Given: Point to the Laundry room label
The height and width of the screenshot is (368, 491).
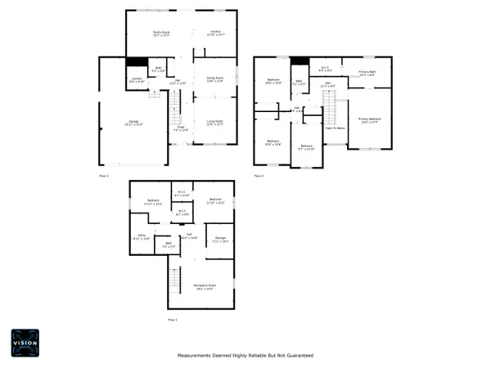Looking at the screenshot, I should pos(137,80).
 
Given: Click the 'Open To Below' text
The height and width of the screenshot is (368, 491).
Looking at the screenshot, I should pos(335,128).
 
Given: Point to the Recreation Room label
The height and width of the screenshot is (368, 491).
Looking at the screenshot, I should pos(204,286).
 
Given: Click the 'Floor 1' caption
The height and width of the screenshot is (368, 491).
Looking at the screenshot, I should pos(173,319).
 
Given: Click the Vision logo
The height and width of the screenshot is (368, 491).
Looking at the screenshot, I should pos(24,343).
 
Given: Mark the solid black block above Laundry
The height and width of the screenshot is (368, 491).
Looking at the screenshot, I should pos(136,63).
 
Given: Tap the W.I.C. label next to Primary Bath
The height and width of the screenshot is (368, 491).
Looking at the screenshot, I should pos(325,69).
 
